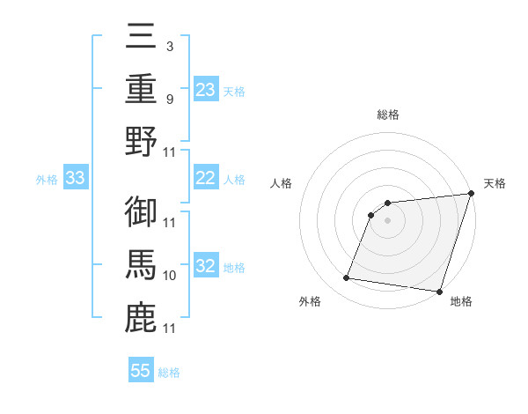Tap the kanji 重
point(141,90)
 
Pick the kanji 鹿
point(141,315)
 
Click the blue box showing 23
point(205,89)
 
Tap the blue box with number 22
point(205,178)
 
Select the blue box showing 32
point(205,267)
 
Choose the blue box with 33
point(75,179)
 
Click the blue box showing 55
point(141,371)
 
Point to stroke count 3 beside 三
point(169,46)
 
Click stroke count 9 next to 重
point(169,99)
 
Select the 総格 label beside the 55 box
point(169,373)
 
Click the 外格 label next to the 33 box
point(47,180)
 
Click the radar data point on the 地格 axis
point(438,291)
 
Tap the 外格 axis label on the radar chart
point(310,302)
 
